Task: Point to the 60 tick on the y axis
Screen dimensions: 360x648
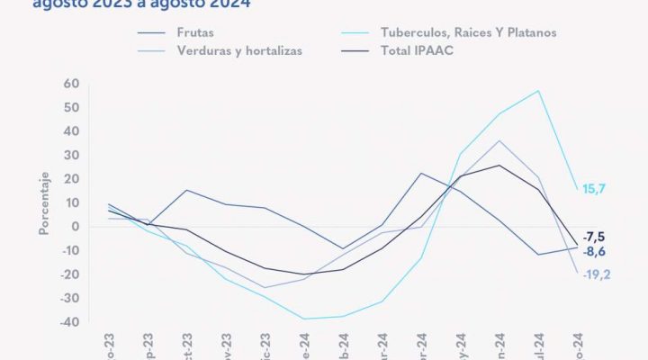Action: pyautogui.click(x=72, y=84)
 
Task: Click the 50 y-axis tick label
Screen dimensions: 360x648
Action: pyautogui.click(x=72, y=107)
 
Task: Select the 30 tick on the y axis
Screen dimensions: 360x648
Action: pyautogui.click(x=72, y=155)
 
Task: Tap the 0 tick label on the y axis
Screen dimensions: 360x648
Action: pyautogui.click(x=76, y=227)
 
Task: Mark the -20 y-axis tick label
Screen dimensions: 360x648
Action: pyautogui.click(x=68, y=274)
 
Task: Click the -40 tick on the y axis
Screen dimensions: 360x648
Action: pyautogui.click(x=68, y=322)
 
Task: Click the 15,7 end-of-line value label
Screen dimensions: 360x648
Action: pyautogui.click(x=595, y=188)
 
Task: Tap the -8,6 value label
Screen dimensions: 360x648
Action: pyautogui.click(x=595, y=252)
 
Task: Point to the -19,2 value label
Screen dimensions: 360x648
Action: pyautogui.click(x=596, y=274)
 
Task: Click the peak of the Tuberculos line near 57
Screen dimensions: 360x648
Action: pyautogui.click(x=538, y=90)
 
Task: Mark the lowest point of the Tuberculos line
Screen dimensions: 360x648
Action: pyautogui.click(x=303, y=319)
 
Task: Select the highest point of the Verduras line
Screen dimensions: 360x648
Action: pyautogui.click(x=499, y=140)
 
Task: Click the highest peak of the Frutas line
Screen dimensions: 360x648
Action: pyautogui.click(x=421, y=173)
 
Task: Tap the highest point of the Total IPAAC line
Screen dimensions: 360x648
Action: pyautogui.click(x=499, y=165)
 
